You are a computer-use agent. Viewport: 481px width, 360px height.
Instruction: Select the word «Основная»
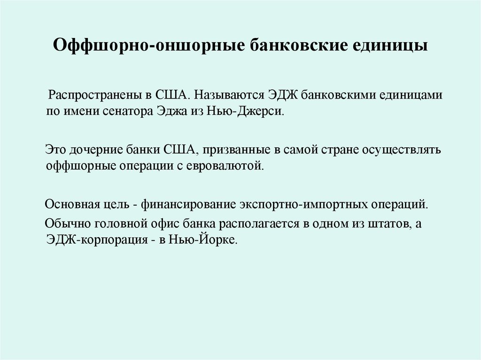[69, 205]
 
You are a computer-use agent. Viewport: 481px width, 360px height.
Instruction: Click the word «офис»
[150, 223]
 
